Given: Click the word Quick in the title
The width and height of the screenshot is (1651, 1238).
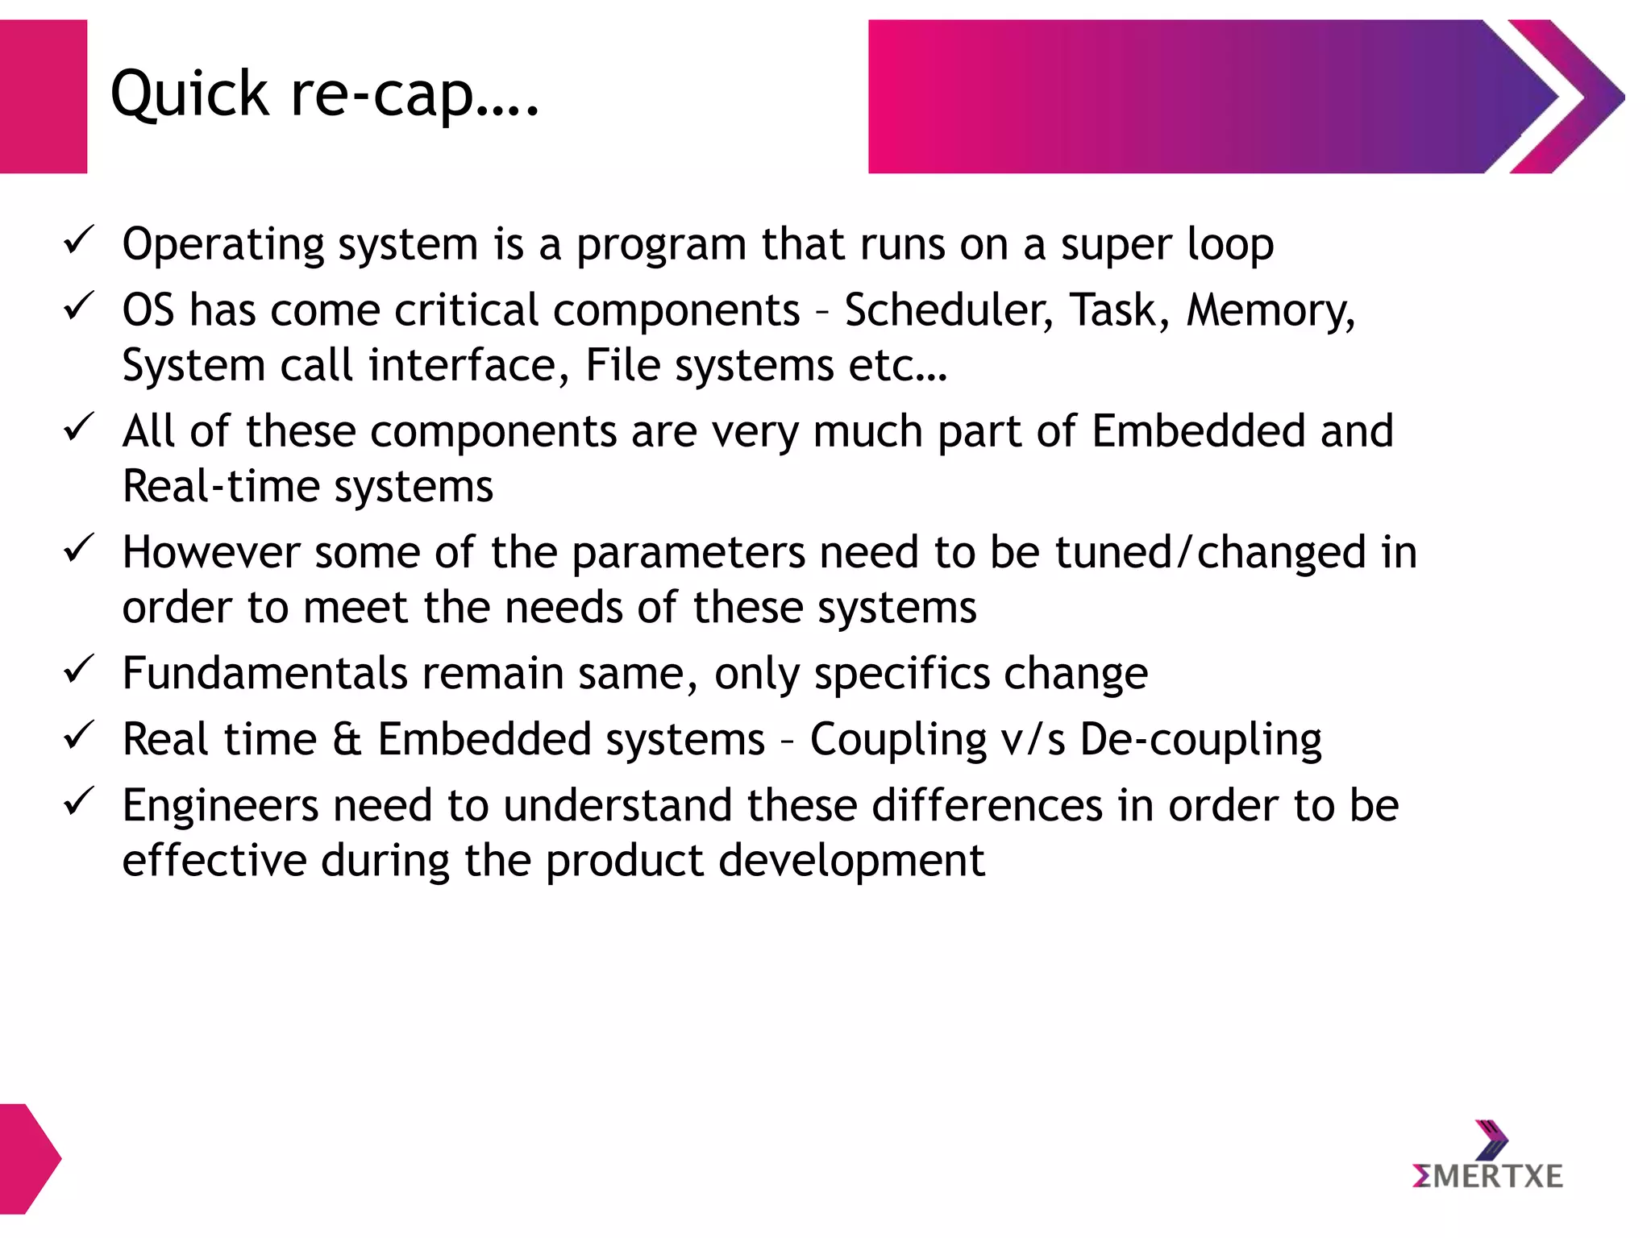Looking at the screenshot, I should pyautogui.click(x=189, y=95).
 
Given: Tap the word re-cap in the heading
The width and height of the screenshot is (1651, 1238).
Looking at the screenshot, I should pyautogui.click(x=382, y=95).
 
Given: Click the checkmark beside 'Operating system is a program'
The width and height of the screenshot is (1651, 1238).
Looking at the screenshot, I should pyautogui.click(x=79, y=240).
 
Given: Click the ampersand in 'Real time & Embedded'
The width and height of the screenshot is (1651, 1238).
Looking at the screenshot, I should pyautogui.click(x=347, y=739).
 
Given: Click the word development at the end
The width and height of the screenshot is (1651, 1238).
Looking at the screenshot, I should pyautogui.click(x=851, y=861).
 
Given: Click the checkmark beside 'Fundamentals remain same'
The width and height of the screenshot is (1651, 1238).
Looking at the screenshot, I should pyautogui.click(x=79, y=669).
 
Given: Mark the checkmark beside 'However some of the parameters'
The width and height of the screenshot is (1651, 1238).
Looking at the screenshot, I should pyautogui.click(x=79, y=549).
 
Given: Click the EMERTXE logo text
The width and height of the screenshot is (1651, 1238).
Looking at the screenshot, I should pyautogui.click(x=1487, y=1177).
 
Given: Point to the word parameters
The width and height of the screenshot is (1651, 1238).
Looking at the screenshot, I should pyautogui.click(x=688, y=554).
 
